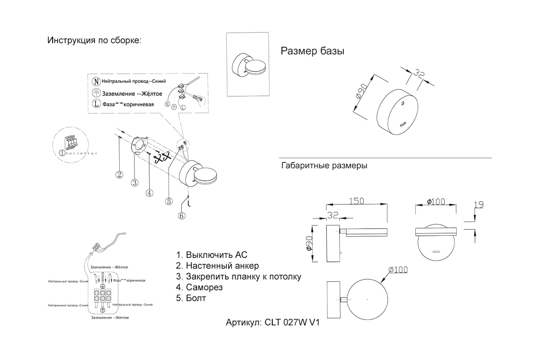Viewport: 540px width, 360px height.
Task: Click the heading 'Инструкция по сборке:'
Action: (x=94, y=40)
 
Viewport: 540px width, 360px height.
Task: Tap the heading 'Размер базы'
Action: (x=312, y=51)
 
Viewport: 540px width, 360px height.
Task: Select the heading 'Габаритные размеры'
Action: (x=324, y=166)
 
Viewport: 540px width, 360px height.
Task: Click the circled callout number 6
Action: (x=181, y=216)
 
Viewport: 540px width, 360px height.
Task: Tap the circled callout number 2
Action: (x=119, y=175)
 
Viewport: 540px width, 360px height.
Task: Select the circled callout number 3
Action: (x=134, y=183)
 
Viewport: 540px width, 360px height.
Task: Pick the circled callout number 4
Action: (x=149, y=193)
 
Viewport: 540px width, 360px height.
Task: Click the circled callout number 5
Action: (x=168, y=202)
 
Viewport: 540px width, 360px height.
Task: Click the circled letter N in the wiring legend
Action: (x=96, y=81)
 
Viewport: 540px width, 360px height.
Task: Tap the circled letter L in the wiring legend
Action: (x=96, y=103)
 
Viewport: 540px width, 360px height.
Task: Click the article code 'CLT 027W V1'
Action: (x=292, y=323)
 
